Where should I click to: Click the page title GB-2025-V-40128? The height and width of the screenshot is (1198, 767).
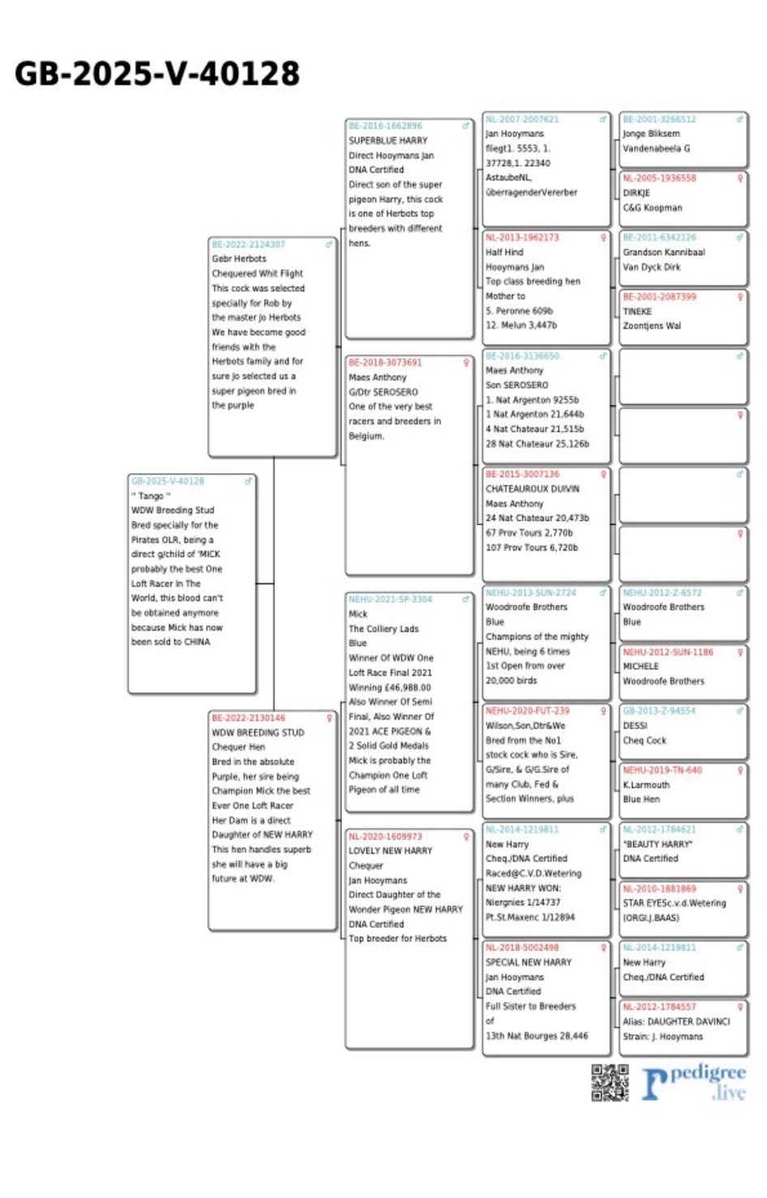[x=157, y=74]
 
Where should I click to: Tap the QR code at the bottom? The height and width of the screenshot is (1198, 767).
[x=610, y=1083]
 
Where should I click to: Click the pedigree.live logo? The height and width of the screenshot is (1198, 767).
[x=694, y=1083]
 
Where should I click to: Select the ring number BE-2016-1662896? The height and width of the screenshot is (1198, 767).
[x=385, y=127]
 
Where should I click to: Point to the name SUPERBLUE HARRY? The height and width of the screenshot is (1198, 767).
[x=388, y=141]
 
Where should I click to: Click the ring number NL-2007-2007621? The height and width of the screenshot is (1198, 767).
[x=522, y=119]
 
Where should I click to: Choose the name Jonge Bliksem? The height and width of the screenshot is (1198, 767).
[x=651, y=134]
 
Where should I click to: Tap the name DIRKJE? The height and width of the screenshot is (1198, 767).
[x=636, y=193]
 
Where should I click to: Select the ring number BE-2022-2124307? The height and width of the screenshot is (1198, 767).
[x=248, y=244]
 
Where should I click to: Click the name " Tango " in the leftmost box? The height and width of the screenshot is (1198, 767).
[x=151, y=496]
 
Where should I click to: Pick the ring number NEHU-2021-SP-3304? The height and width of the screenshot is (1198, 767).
[x=390, y=599]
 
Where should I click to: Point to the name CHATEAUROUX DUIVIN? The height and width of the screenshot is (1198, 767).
[x=532, y=489]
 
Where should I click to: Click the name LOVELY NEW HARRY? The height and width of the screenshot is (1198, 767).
[x=390, y=851]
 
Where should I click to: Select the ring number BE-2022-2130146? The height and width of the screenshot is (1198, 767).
[x=248, y=718]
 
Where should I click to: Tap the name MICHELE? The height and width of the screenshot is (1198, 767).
[x=641, y=666]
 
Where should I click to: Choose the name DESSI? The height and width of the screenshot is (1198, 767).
[x=635, y=726]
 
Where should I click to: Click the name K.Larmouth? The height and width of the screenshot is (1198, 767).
[x=646, y=785]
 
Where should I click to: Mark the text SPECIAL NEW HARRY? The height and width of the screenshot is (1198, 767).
[x=528, y=962]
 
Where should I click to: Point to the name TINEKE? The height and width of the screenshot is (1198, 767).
[x=637, y=311]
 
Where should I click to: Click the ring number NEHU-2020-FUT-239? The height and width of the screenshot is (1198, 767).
[x=527, y=711]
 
